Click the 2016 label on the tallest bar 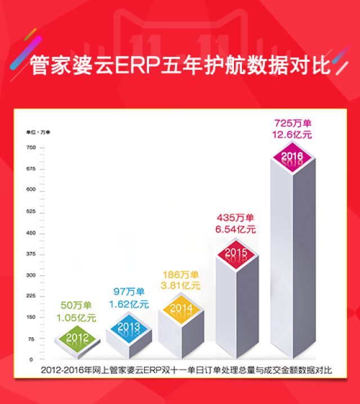click(292, 156)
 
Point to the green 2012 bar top click(77, 337)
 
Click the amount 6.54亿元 click(236, 229)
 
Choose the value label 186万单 click(180, 275)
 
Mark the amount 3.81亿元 click(180, 285)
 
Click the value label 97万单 click(129, 293)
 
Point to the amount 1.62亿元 click(129, 305)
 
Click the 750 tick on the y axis click(30, 147)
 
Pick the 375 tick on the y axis click(30, 254)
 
